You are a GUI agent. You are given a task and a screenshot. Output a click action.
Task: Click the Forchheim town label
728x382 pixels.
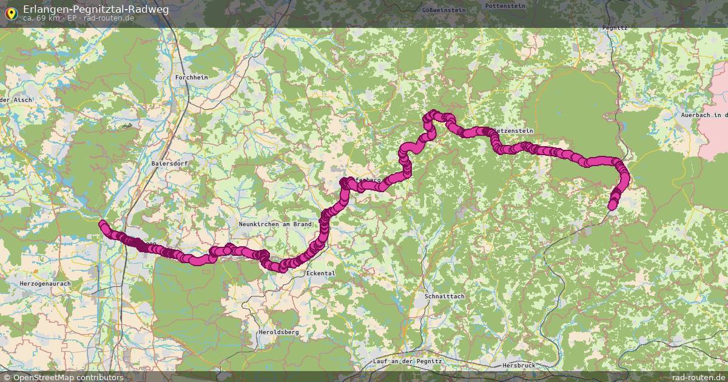tap(191, 78)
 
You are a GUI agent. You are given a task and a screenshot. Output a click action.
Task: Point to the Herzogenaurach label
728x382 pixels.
tap(45, 283)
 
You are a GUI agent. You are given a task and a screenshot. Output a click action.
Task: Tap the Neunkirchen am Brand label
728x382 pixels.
tap(275, 224)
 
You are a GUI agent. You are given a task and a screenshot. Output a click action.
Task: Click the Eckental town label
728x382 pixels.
tap(321, 273)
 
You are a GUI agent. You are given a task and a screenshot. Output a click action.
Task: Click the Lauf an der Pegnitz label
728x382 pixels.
tap(408, 361)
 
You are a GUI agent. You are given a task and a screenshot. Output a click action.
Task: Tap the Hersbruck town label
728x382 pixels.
tap(519, 366)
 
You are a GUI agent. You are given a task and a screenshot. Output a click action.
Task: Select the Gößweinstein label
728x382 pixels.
tap(443, 10)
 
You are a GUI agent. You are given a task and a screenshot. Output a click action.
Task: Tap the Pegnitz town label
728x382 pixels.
tap(615, 28)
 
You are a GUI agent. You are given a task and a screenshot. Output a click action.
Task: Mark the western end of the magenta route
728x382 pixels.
tap(102, 224)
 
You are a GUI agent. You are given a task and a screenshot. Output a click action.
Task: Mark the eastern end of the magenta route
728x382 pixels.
tap(612, 206)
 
